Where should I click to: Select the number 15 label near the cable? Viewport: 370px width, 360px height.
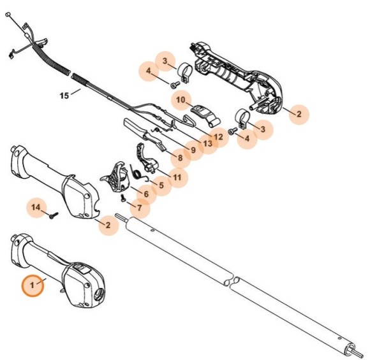click(x=64, y=96)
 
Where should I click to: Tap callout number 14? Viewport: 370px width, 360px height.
click(x=36, y=208)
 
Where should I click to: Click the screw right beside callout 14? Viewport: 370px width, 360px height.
click(x=53, y=215)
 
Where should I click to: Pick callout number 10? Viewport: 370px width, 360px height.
click(x=181, y=100)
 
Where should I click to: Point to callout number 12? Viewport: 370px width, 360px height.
click(x=218, y=136)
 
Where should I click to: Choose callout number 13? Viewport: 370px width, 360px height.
click(x=207, y=145)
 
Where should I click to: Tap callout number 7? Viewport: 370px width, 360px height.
click(x=140, y=208)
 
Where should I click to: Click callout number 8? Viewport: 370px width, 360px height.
click(x=180, y=157)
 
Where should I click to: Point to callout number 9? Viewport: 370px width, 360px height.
click(x=194, y=150)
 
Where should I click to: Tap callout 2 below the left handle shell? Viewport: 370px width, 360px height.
click(x=108, y=224)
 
